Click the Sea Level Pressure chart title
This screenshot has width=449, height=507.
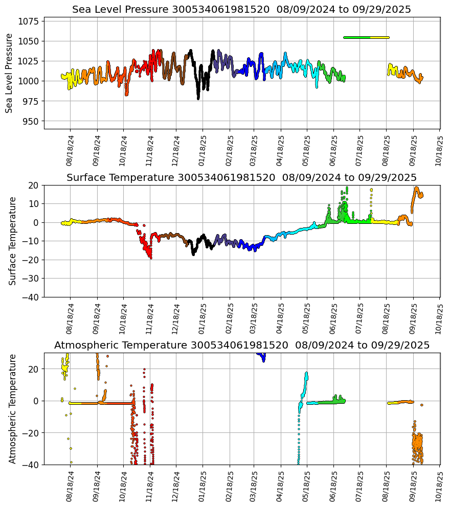tap(241, 10)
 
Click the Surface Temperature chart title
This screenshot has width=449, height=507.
tap(241, 178)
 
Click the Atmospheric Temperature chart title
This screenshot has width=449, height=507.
tap(241, 345)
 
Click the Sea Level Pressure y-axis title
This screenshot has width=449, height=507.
tap(9, 73)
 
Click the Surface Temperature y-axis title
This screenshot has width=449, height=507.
tap(12, 241)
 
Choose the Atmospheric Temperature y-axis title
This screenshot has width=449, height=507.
tap(12, 408)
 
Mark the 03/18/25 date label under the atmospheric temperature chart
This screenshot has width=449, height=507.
tap(255, 486)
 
